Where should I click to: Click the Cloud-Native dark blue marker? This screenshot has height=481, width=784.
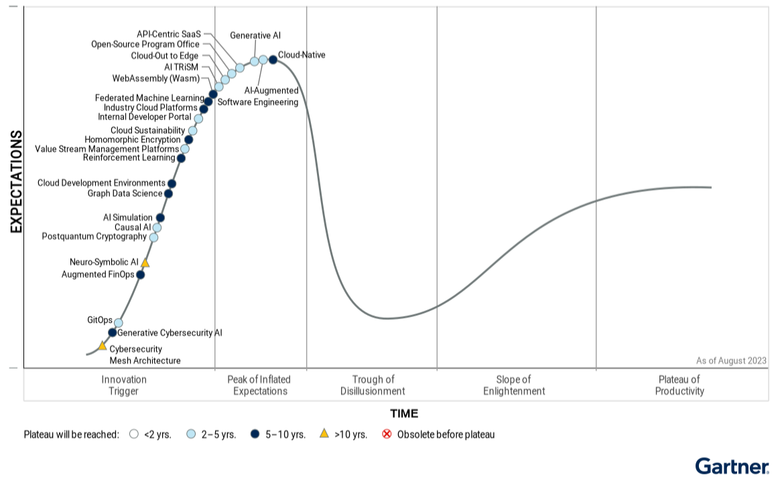[273, 60]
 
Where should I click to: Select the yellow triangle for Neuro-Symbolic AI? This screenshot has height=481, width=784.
[145, 263]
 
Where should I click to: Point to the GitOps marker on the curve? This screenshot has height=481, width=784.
[119, 322]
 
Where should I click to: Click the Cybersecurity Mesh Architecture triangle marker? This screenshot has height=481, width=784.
[103, 346]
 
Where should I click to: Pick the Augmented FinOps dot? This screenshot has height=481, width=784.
[140, 274]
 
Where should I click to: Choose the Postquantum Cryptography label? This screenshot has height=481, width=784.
[94, 237]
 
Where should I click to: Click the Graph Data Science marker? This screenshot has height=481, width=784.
[168, 194]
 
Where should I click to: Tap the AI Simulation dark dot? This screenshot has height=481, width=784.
[160, 217]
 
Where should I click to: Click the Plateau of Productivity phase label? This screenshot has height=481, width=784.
[679, 385]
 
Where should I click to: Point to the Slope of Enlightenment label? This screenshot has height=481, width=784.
[514, 385]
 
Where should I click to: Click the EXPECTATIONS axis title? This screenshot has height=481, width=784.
[17, 182]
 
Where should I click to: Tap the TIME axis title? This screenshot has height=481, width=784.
[404, 413]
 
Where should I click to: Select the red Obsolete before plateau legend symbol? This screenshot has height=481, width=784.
[387, 434]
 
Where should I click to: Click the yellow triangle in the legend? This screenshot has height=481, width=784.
[324, 434]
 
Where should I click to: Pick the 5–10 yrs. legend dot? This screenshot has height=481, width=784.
[255, 434]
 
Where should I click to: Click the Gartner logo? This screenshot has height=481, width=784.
[732, 466]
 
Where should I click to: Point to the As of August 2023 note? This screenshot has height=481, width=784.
[731, 361]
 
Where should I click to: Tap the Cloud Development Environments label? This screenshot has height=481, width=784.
[101, 183]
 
